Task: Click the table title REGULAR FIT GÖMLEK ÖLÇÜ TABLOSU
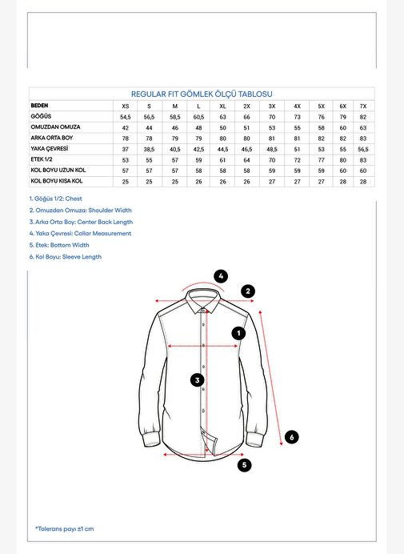[202, 94]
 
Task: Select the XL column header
[222, 106]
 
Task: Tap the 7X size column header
[363, 106]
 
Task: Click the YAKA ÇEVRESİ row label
[49, 148]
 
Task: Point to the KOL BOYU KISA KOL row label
[57, 181]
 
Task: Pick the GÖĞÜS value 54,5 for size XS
[126, 117]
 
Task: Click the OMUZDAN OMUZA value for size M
[175, 128]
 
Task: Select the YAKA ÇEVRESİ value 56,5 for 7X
[363, 150]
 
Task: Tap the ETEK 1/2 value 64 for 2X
[246, 160]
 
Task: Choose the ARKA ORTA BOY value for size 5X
[321, 138]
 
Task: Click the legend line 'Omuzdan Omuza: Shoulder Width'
[81, 211]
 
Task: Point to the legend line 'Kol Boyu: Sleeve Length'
[66, 257]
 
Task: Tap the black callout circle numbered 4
[221, 276]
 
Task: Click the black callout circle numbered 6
[292, 437]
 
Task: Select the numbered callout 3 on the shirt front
[198, 380]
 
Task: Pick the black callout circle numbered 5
[244, 465]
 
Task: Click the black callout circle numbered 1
[238, 333]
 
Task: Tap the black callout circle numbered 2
[248, 291]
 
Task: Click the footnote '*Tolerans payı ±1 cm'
[64, 529]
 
